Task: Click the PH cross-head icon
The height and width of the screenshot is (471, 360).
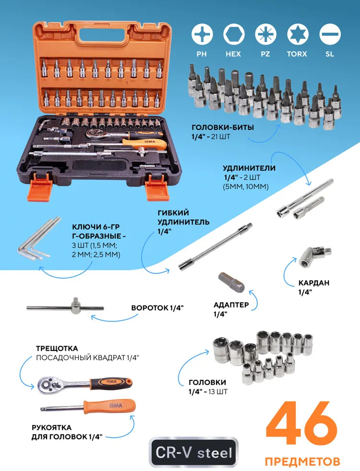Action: (x=202, y=34)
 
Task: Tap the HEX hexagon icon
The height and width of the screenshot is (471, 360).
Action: (x=233, y=34)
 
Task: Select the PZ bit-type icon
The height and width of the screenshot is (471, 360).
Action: (x=265, y=34)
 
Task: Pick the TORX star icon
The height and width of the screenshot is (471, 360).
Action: (x=297, y=34)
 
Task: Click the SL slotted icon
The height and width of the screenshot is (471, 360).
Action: (x=330, y=34)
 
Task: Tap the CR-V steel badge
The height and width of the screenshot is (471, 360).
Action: (x=193, y=453)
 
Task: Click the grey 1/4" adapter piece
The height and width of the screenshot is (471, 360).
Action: (x=231, y=282)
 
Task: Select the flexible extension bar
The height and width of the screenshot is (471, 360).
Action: (x=216, y=247)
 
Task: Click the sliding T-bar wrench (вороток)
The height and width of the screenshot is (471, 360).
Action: (x=65, y=307)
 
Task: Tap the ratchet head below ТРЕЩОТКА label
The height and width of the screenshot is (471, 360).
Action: (x=49, y=385)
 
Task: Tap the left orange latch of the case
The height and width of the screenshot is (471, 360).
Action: (x=40, y=187)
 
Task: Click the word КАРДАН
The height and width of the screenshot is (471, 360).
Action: (x=314, y=283)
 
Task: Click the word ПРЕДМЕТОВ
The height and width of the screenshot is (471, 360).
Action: (x=302, y=461)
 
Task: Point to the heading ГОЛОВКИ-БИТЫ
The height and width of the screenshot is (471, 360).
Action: (x=223, y=128)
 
